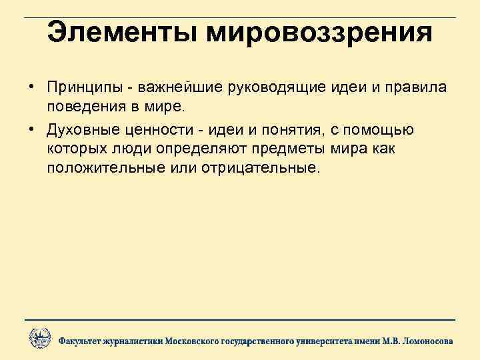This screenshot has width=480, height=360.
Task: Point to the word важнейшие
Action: click(176, 89)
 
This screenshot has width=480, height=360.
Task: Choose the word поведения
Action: click(84, 107)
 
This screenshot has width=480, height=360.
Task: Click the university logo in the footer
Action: click(39, 339)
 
